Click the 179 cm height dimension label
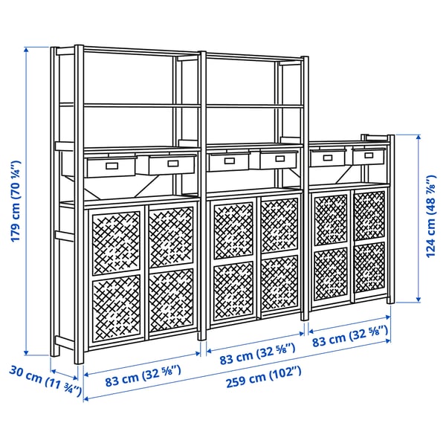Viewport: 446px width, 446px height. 16,201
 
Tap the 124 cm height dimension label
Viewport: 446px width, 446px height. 430,216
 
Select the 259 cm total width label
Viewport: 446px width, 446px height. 263,377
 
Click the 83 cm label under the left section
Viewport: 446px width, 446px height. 143,376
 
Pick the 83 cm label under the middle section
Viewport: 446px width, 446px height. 257,354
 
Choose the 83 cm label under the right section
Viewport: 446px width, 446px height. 350,336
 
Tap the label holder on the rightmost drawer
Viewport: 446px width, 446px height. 369,155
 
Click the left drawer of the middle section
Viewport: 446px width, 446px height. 229,161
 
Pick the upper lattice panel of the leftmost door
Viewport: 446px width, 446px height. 116,243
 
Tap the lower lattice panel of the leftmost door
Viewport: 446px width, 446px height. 117,308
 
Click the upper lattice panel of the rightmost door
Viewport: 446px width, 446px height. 369,216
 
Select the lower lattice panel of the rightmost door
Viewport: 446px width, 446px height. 369,268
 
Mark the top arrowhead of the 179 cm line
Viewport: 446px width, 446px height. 26,50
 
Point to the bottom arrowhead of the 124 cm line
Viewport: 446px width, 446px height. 418,300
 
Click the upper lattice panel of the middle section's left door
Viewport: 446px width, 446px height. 233,230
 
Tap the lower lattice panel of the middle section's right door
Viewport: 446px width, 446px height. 280,282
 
